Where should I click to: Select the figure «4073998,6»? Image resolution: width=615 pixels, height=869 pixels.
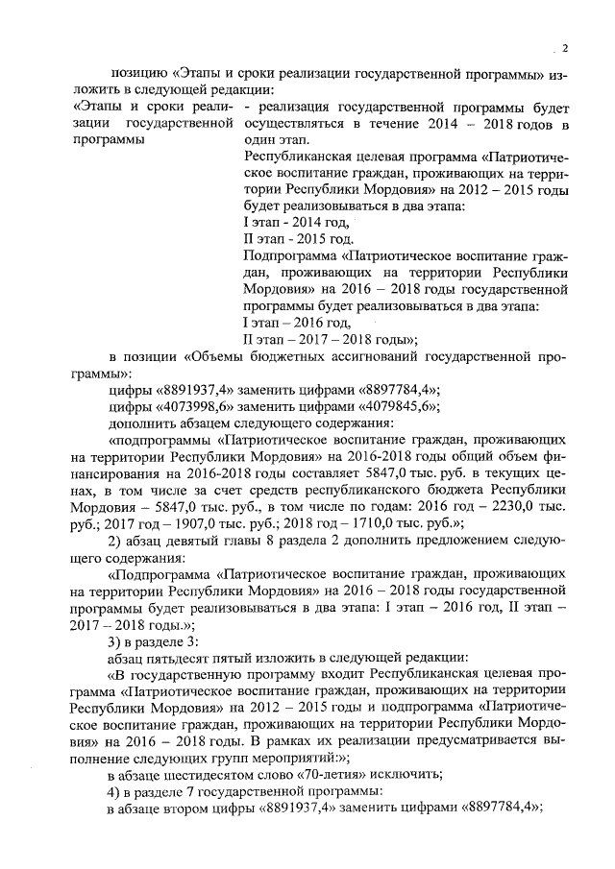191,406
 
